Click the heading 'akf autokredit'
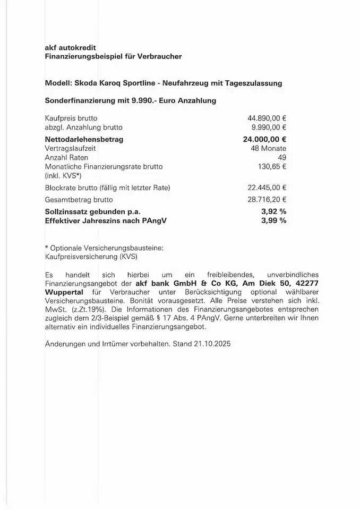click(x=71, y=47)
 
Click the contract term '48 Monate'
click(x=268, y=148)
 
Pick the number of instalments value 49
click(x=282, y=158)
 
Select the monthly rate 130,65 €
click(x=272, y=167)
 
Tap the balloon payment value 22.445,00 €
click(x=267, y=188)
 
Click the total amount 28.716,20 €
click(x=267, y=200)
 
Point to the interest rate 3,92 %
click(x=273, y=211)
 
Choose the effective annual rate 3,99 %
click(x=273, y=220)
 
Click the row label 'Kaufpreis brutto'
click(x=71, y=118)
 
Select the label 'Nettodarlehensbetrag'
click(x=84, y=139)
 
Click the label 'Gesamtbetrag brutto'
click(x=79, y=200)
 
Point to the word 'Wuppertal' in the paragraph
click(x=66, y=292)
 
